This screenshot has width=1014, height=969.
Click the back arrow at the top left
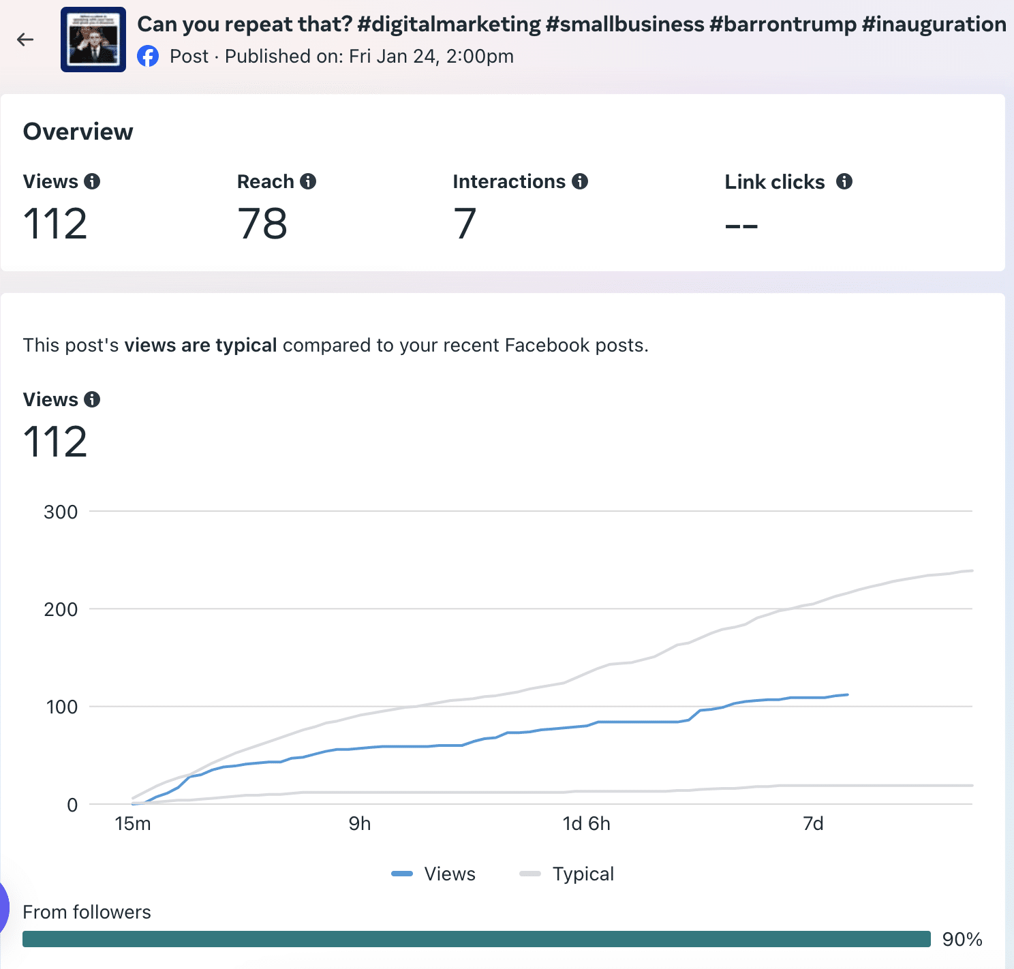click(25, 40)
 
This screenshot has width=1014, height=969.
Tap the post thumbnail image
click(93, 40)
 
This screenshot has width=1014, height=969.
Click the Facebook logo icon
click(148, 56)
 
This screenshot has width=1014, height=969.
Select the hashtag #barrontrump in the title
click(782, 25)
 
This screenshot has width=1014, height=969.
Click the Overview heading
click(78, 132)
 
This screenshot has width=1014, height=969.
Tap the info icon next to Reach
click(308, 181)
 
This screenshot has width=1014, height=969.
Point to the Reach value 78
click(262, 224)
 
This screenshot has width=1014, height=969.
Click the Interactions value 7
click(465, 224)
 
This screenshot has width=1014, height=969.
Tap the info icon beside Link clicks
click(844, 181)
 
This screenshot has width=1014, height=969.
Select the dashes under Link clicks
click(741, 226)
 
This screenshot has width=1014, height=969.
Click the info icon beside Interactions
click(580, 181)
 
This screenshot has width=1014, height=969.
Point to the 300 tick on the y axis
click(61, 512)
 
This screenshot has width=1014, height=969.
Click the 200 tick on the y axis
click(61, 609)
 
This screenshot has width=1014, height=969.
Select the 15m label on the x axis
click(133, 824)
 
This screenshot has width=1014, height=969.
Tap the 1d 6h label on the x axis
click(586, 824)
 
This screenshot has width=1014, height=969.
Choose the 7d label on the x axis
click(813, 824)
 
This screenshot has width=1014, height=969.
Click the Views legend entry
click(435, 874)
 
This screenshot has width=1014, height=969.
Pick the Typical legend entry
click(568, 874)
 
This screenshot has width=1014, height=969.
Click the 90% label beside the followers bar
click(962, 940)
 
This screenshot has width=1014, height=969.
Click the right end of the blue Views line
click(847, 695)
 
